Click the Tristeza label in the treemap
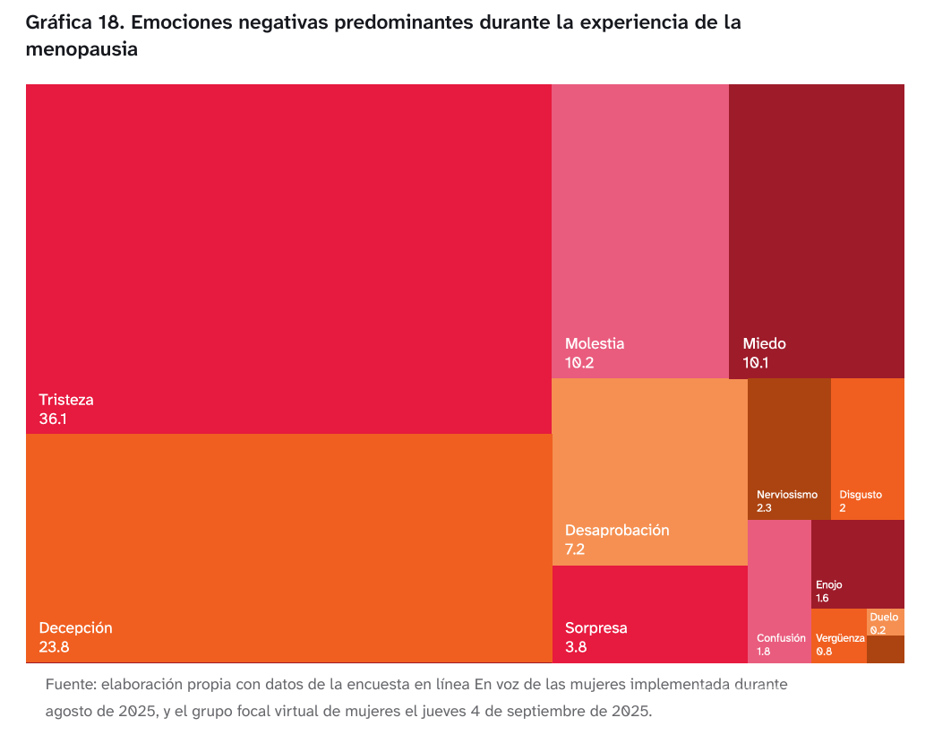(x=66, y=400)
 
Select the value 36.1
(x=53, y=419)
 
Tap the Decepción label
(x=75, y=627)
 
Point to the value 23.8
(x=54, y=646)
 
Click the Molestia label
(x=595, y=343)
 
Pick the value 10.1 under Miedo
(x=756, y=363)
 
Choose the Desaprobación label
(x=617, y=530)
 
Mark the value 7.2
(x=575, y=549)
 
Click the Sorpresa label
(x=596, y=627)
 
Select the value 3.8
(x=575, y=646)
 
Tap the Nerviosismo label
(x=787, y=495)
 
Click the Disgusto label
(x=861, y=495)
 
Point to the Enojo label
(x=828, y=585)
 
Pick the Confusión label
(x=781, y=638)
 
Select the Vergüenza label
(x=840, y=638)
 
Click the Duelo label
(x=884, y=617)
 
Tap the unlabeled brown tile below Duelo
(x=885, y=649)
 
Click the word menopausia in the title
(x=81, y=50)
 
